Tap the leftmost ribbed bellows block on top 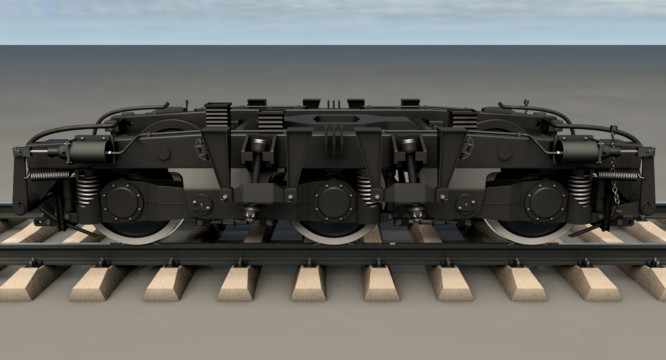217,114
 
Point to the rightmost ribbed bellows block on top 463,119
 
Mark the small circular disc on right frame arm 505,153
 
